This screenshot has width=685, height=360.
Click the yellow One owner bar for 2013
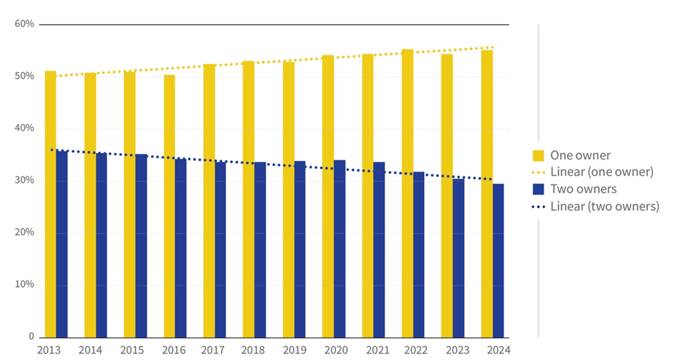point(50,204)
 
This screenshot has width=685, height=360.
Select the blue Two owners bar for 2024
point(498,260)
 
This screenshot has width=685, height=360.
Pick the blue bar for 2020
point(340,249)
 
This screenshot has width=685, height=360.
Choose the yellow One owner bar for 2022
point(407,193)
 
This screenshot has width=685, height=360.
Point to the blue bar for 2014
point(101,245)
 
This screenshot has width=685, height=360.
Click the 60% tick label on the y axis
point(24,24)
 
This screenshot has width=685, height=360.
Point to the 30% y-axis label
point(24,180)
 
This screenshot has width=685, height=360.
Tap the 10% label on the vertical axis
point(24,284)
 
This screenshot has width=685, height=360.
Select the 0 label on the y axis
point(31,337)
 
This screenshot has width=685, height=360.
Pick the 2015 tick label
point(132,350)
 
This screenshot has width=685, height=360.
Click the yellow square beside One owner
point(539,155)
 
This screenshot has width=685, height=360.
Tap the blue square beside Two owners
point(539,189)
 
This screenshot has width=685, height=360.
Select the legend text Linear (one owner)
point(602,172)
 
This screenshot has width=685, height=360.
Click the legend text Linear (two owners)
point(605,206)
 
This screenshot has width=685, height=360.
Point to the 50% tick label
point(24,76)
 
